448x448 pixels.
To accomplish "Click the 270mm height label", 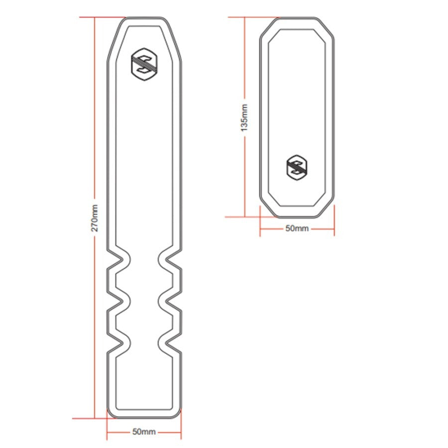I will pos(95,218).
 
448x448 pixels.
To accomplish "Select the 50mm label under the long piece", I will pos(144,432).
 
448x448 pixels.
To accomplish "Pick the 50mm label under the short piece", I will pos(297,228).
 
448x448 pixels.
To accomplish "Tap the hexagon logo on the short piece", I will pos(297,167).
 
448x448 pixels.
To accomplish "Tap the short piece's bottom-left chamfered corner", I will pos(267,208).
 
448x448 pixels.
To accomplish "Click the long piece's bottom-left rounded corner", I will pos(111,413).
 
